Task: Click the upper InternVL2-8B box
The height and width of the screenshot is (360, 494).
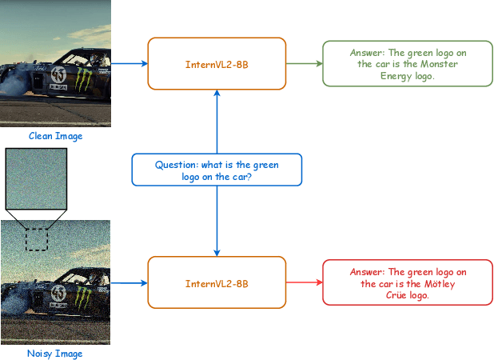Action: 217,63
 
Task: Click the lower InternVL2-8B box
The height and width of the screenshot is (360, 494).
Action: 217,282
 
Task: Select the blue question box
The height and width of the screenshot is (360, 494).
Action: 217,170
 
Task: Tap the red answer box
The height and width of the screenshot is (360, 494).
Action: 406,282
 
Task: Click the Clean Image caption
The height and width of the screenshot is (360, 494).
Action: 55,136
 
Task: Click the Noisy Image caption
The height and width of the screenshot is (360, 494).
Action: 54,353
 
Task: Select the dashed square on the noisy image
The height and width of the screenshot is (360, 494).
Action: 36,238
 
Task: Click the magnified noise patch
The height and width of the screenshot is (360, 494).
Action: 36,178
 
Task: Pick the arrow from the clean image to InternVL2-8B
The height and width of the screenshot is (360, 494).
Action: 129,63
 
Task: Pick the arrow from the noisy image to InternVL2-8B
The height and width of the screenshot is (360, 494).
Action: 129,282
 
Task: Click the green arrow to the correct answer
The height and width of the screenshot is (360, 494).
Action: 303,63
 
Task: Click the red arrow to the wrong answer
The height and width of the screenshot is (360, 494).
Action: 303,282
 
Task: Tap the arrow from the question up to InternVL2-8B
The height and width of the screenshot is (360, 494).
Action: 217,120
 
